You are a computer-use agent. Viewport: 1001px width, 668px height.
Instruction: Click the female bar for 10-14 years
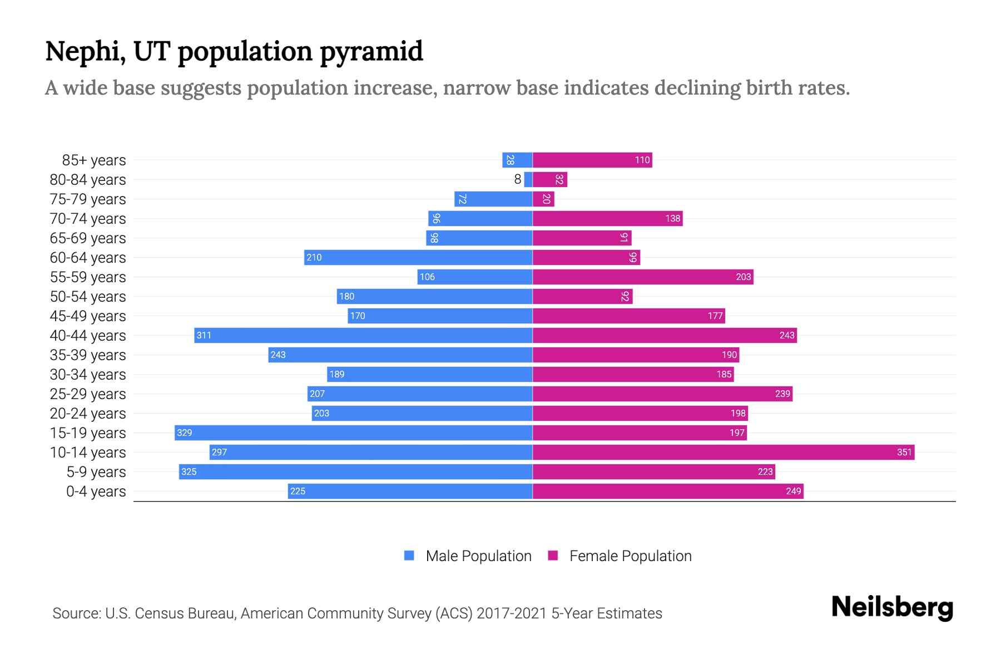pyautogui.click(x=723, y=452)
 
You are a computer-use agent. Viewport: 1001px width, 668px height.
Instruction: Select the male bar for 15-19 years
pyautogui.click(x=354, y=433)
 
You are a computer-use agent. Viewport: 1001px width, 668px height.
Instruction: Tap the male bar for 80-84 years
pyautogui.click(x=528, y=179)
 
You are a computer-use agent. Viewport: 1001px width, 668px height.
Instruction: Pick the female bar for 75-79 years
pyautogui.click(x=543, y=199)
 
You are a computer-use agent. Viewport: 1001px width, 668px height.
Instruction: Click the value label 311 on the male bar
pyautogui.click(x=204, y=335)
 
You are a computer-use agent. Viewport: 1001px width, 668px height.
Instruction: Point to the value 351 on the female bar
pyautogui.click(x=904, y=452)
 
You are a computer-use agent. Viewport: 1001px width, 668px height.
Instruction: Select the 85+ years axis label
pyautogui.click(x=93, y=160)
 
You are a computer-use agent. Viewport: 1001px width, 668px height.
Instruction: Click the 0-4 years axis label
pyautogui.click(x=96, y=492)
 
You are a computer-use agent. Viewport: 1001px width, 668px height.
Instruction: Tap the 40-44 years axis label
pyautogui.click(x=88, y=336)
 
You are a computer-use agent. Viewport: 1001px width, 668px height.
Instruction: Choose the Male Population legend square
pyautogui.click(x=409, y=556)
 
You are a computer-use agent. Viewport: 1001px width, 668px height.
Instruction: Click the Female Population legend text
pyautogui.click(x=630, y=556)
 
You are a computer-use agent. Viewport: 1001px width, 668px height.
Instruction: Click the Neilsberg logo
pyautogui.click(x=892, y=607)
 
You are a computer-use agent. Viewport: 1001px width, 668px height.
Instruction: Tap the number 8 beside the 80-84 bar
pyautogui.click(x=518, y=179)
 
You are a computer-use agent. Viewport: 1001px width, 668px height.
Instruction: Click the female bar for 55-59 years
pyautogui.click(x=643, y=277)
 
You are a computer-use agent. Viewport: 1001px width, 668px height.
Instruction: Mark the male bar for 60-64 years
pyautogui.click(x=418, y=257)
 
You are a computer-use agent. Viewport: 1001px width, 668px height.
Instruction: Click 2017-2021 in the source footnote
pyautogui.click(x=512, y=613)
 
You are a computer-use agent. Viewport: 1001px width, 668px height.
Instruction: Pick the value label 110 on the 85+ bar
pyautogui.click(x=642, y=160)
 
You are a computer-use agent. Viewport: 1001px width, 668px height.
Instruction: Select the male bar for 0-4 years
pyautogui.click(x=410, y=491)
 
